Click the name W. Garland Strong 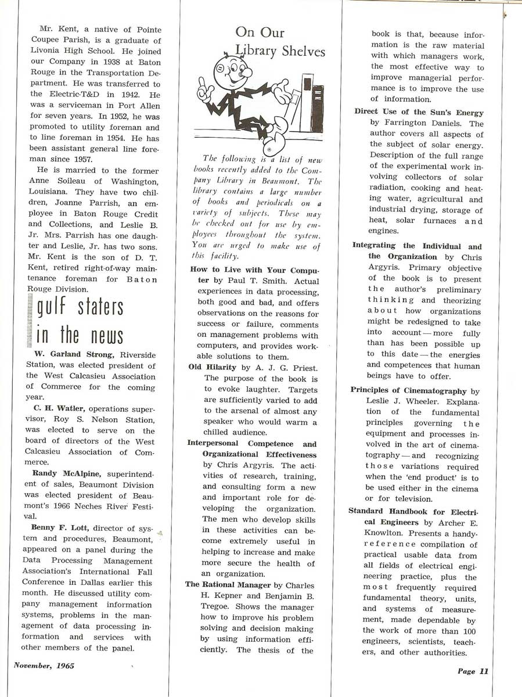click(x=77, y=355)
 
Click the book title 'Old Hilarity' click(x=213, y=367)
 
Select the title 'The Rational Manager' click(x=228, y=584)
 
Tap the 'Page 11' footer click(x=473, y=671)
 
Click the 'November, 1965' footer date click(x=44, y=666)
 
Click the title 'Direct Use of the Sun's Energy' click(x=419, y=112)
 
